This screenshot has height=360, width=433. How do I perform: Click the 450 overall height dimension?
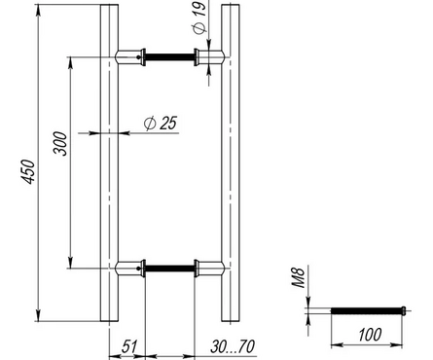click(x=28, y=171)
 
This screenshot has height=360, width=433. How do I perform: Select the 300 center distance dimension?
click(x=60, y=143)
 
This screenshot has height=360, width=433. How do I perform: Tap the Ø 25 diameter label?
click(x=161, y=123)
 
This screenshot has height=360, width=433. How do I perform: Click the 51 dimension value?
click(x=129, y=346)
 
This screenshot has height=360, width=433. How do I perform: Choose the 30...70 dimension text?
click(x=233, y=346)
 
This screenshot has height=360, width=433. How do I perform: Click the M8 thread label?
click(x=299, y=277)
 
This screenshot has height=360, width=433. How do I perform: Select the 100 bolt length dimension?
click(x=370, y=335)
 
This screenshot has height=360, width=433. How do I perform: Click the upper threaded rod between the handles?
click(x=169, y=57)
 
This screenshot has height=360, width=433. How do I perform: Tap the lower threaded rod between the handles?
click(x=169, y=269)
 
